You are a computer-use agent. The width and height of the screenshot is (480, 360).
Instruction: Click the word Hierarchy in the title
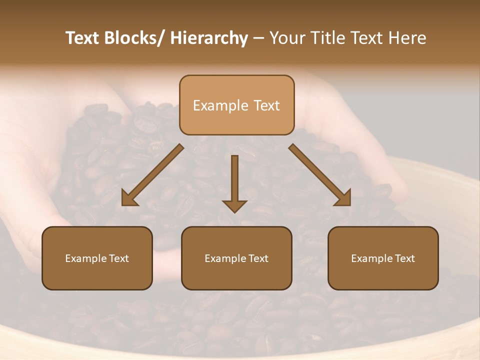[209, 38]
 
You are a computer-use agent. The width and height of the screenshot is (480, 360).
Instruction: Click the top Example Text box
[236, 105]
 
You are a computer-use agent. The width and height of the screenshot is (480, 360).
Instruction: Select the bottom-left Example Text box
[97, 258]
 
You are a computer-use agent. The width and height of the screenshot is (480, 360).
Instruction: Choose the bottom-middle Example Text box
[236, 258]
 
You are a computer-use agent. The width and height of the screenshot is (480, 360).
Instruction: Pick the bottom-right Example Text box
[383, 258]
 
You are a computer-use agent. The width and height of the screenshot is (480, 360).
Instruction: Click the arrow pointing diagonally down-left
[152, 175]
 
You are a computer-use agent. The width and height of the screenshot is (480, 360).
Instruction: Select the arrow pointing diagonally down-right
[320, 175]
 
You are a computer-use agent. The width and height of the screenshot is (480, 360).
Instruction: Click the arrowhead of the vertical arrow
[234, 205]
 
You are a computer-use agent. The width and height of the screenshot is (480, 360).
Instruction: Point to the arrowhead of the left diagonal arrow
[129, 198]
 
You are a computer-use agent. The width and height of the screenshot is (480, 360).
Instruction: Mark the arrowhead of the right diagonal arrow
[343, 198]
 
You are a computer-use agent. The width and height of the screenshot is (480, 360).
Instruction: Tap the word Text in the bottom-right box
[404, 258]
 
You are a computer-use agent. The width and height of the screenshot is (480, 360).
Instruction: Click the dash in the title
[258, 38]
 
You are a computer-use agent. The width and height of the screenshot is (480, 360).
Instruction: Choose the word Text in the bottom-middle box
[258, 258]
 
